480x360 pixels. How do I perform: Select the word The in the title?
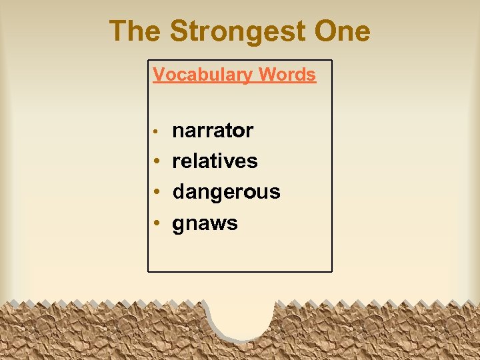coord(136,31)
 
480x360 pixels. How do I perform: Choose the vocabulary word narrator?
coord(213,131)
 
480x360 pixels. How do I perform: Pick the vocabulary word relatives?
coord(215,161)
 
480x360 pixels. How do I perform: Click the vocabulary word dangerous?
coord(226,192)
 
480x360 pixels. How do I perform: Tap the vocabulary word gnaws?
coord(205,223)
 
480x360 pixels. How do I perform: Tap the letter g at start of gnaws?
coord(179,225)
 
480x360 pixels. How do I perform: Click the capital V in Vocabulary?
coord(159,75)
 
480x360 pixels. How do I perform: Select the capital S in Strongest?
coord(179,31)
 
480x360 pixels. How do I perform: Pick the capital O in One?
coord(323,31)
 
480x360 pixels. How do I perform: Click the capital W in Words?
coord(266,75)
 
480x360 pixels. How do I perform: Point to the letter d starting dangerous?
coord(179,192)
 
